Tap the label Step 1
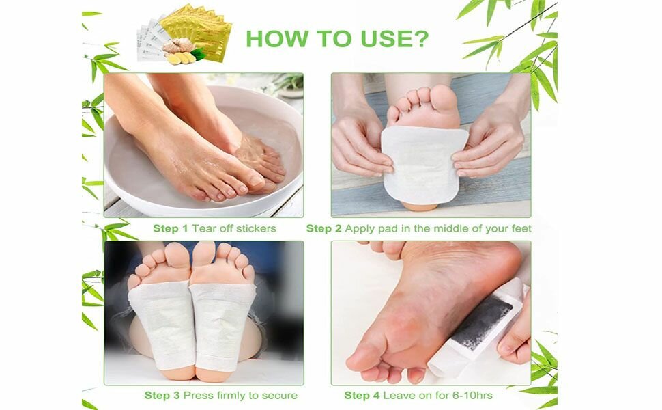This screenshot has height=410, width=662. (x=171, y=228)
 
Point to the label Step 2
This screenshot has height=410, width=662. (x=323, y=228)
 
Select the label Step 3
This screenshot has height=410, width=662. (x=162, y=395)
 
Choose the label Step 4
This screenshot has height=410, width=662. (x=362, y=395)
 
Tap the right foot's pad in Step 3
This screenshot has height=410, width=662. (x=222, y=321)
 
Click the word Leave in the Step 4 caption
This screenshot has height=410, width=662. (x=399, y=395)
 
